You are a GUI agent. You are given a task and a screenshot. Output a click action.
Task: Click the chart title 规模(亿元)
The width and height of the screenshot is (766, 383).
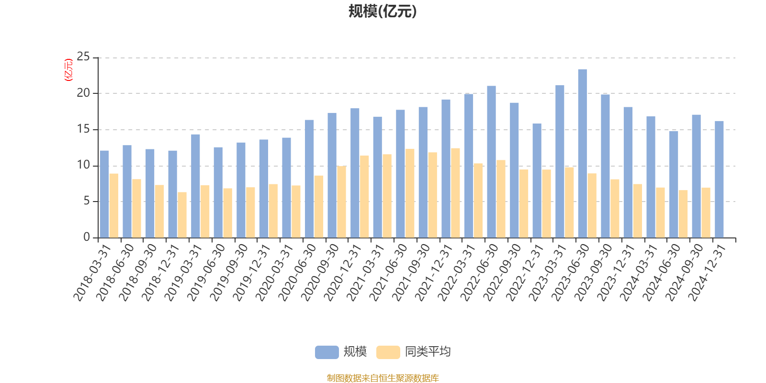click(382, 11)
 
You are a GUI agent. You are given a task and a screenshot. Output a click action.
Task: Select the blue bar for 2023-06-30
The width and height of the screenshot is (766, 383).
click(582, 153)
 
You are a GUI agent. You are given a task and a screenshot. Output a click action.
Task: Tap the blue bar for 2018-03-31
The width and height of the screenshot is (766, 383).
click(104, 194)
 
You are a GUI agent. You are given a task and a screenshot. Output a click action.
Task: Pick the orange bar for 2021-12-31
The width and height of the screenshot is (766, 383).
click(455, 192)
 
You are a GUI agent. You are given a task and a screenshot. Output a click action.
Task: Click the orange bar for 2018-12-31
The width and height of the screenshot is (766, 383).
click(182, 214)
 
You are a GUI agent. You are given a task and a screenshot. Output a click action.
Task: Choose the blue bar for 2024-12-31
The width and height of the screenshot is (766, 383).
click(719, 179)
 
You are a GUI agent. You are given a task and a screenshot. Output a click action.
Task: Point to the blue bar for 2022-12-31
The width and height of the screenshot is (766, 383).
click(537, 180)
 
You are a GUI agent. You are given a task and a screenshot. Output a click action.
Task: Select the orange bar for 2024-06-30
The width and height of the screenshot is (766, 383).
click(683, 214)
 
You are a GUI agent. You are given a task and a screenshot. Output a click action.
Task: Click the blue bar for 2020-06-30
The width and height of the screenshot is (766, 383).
click(309, 179)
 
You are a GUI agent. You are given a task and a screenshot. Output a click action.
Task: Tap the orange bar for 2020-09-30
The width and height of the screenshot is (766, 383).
click(341, 202)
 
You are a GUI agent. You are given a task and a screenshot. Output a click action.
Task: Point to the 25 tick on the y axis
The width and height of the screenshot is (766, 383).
click(83, 57)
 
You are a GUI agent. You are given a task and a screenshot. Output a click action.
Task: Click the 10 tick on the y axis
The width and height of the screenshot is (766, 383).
click(83, 165)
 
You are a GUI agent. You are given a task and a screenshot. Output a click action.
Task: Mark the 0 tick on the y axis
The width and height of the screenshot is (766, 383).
click(87, 237)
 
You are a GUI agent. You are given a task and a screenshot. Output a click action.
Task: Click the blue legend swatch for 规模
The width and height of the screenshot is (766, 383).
click(327, 352)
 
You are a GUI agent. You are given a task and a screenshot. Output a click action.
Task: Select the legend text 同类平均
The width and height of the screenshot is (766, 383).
click(428, 352)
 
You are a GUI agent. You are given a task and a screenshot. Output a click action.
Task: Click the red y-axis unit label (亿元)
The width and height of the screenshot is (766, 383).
click(68, 70)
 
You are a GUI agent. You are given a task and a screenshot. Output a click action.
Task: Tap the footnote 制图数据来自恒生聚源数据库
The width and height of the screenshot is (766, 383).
click(383, 378)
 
